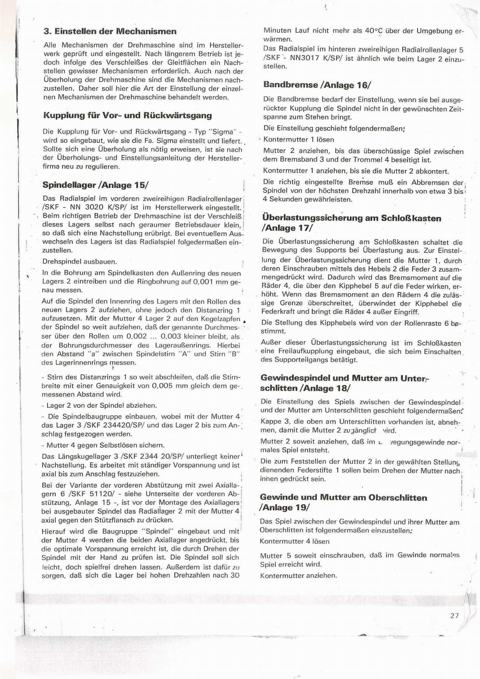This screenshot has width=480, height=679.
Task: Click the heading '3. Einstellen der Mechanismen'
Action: tap(110, 32)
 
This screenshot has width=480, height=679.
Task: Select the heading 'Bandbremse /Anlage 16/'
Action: tap(317, 85)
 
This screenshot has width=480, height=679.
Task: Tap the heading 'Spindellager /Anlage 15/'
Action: tap(95, 185)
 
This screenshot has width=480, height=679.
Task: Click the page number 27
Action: tap(454, 616)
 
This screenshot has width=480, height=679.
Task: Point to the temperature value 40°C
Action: tap(374, 31)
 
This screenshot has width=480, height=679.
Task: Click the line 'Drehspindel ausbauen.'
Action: tap(80, 262)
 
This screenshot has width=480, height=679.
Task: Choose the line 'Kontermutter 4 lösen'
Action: tap(295, 541)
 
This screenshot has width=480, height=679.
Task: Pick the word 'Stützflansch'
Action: tap(135, 520)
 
